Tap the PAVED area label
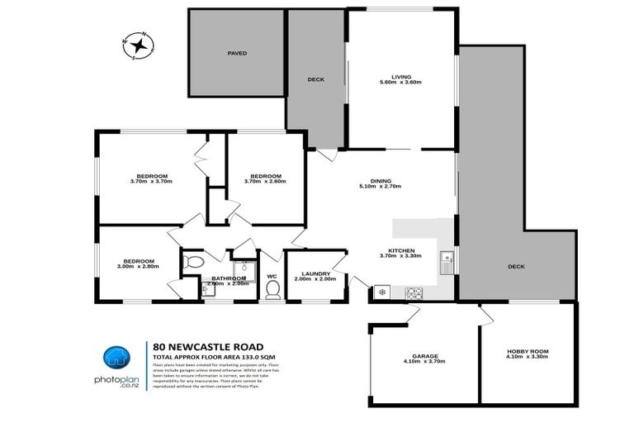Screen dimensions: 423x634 pos(237,53)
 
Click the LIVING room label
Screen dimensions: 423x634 pos(401,77)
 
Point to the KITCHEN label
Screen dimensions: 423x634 pos(401,250)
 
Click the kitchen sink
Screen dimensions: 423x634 pos(447,262)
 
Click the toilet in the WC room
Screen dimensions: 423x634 pos(272,288)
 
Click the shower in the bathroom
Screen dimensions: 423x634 pos(244,266)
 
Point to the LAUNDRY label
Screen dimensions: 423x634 pos(315,273)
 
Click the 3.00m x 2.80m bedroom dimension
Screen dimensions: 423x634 pos(135,267)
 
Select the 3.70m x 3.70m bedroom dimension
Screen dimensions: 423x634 pos(151,182)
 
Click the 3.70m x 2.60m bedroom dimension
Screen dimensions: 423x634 pos(266,182)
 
